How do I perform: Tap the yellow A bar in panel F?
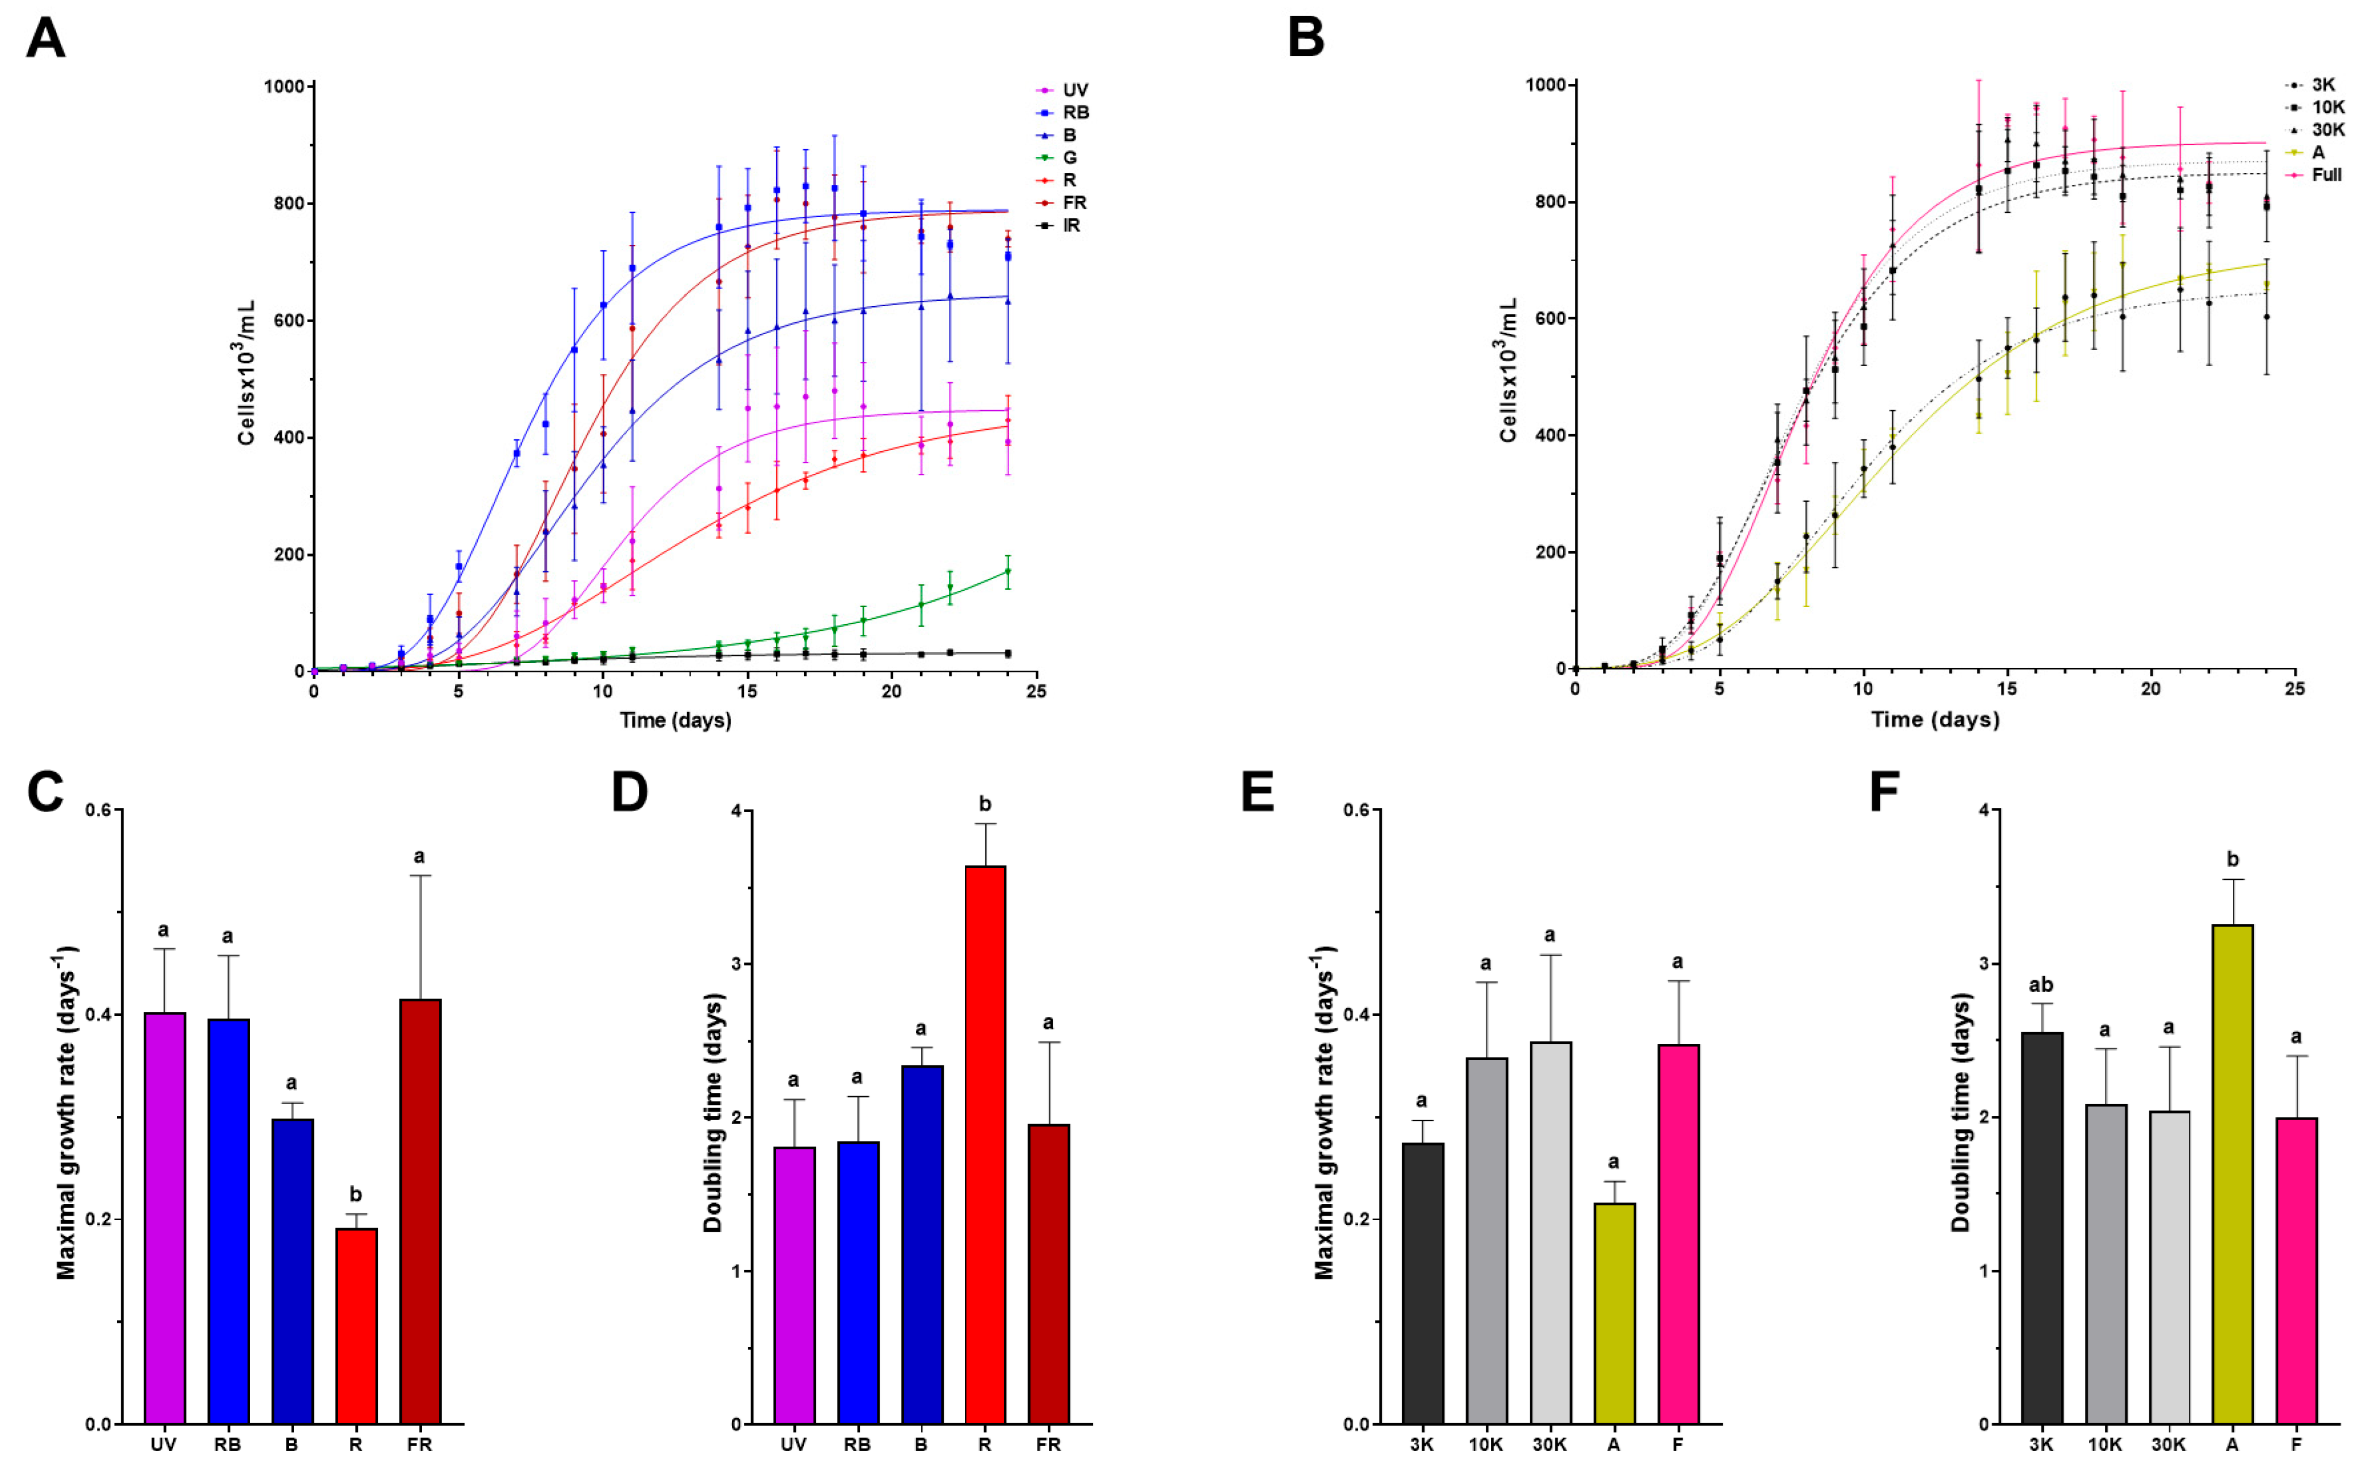coord(2232,1173)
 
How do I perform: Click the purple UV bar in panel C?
coord(164,1217)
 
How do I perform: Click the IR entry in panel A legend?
coord(1070,225)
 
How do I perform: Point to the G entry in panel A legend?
coord(1069,157)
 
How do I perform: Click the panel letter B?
coord(1306,39)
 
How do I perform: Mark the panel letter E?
coord(1257,792)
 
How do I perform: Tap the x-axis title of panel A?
coord(676,721)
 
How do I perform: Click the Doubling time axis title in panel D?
coord(713,1112)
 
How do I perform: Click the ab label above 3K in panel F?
coord(2040,985)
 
